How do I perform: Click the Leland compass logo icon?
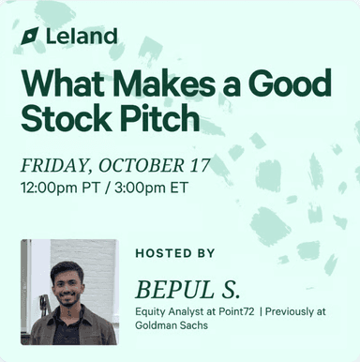30,36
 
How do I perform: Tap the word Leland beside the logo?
82,36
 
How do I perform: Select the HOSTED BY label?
174,253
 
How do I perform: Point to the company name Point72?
234,310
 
